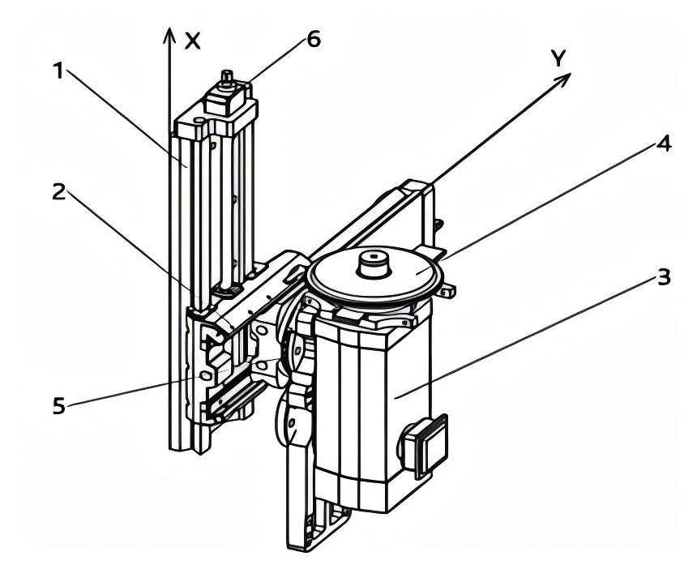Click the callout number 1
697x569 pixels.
[x=58, y=71]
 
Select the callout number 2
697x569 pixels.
[x=58, y=191]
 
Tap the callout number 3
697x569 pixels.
[x=663, y=277]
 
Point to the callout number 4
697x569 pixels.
[x=664, y=143]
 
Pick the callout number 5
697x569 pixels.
[x=59, y=405]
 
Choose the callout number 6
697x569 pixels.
[x=314, y=39]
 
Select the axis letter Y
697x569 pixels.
[x=558, y=58]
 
